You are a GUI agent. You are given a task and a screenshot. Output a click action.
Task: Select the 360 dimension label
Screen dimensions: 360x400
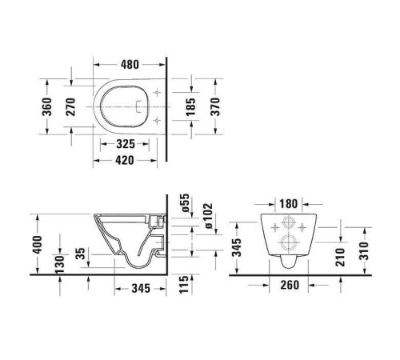click(46, 106)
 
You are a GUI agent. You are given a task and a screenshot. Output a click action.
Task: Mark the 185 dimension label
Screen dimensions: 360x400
click(190, 106)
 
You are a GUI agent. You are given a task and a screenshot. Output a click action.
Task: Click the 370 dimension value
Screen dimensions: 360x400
click(214, 106)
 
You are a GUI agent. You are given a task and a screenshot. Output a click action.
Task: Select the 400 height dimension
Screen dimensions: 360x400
click(35, 242)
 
